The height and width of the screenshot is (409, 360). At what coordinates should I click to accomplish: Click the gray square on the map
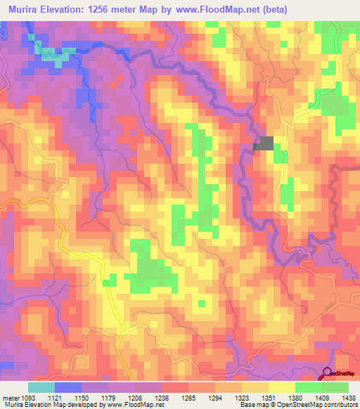(x=264, y=143)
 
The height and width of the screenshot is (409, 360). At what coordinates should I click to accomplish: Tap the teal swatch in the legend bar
(x=41, y=387)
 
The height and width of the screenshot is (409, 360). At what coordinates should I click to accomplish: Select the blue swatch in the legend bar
(x=68, y=387)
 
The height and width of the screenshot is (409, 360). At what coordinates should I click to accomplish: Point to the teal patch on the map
(x=51, y=55)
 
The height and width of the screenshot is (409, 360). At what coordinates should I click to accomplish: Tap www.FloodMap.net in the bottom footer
(x=134, y=405)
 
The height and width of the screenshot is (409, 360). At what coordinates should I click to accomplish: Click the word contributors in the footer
(x=342, y=405)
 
